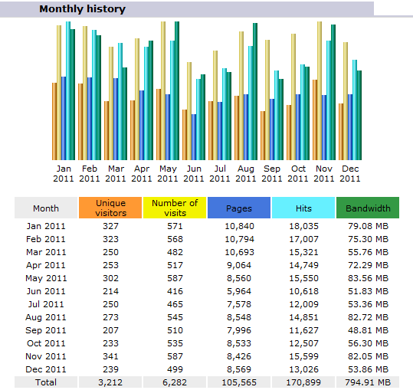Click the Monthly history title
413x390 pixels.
(x=83, y=9)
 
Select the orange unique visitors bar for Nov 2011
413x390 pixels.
(x=315, y=120)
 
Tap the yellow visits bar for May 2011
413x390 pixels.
(x=163, y=91)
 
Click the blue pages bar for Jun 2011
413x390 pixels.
(x=194, y=137)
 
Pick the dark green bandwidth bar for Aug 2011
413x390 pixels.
(x=255, y=92)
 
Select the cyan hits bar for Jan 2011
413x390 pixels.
(x=68, y=91)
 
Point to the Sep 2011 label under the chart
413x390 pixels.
(x=272, y=173)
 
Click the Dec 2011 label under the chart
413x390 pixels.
(x=350, y=173)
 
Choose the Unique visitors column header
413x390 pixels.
(x=110, y=208)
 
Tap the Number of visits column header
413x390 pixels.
(x=175, y=208)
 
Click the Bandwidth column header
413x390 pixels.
(x=368, y=208)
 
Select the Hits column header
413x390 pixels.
(x=303, y=208)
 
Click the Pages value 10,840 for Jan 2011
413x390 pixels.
(x=239, y=226)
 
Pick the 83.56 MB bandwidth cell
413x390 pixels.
(x=368, y=278)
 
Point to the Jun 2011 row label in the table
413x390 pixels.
(x=46, y=291)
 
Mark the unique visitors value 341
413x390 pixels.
(x=110, y=356)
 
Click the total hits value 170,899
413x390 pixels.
(x=303, y=382)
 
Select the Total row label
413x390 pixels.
(x=46, y=382)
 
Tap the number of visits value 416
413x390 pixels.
(x=175, y=291)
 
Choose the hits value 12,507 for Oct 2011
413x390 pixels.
(x=303, y=343)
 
